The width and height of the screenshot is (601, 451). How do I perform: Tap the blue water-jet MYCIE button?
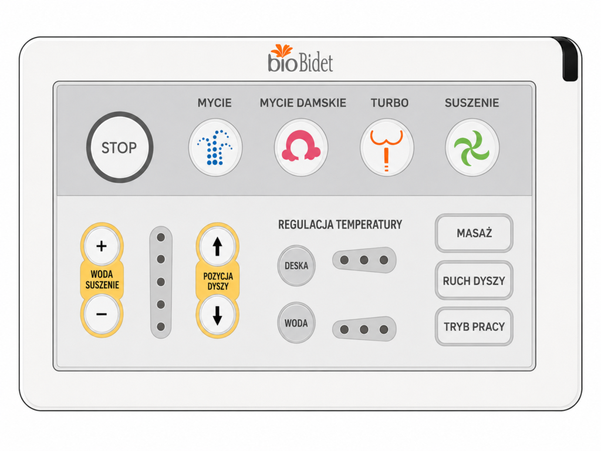[215, 147]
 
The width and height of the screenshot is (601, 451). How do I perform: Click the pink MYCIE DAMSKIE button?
[301, 147]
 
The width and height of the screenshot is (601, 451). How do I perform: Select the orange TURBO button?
[387, 147]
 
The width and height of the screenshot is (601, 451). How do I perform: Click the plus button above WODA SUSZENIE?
[102, 246]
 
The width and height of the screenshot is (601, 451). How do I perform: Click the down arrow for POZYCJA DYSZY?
[217, 315]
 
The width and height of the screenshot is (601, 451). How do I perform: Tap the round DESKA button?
[296, 265]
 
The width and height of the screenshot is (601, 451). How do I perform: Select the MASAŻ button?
[474, 233]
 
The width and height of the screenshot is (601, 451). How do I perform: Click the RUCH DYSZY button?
[474, 280]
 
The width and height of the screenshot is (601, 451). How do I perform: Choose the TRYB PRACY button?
[474, 327]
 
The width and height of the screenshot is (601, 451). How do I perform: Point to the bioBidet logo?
[300, 59]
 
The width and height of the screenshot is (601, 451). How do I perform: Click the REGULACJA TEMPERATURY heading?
[340, 224]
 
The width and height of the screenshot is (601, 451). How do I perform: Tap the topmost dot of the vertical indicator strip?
[161, 237]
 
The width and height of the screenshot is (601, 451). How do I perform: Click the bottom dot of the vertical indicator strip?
[161, 327]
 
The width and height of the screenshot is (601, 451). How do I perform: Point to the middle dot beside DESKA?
[364, 260]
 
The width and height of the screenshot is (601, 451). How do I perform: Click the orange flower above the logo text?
[282, 51]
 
